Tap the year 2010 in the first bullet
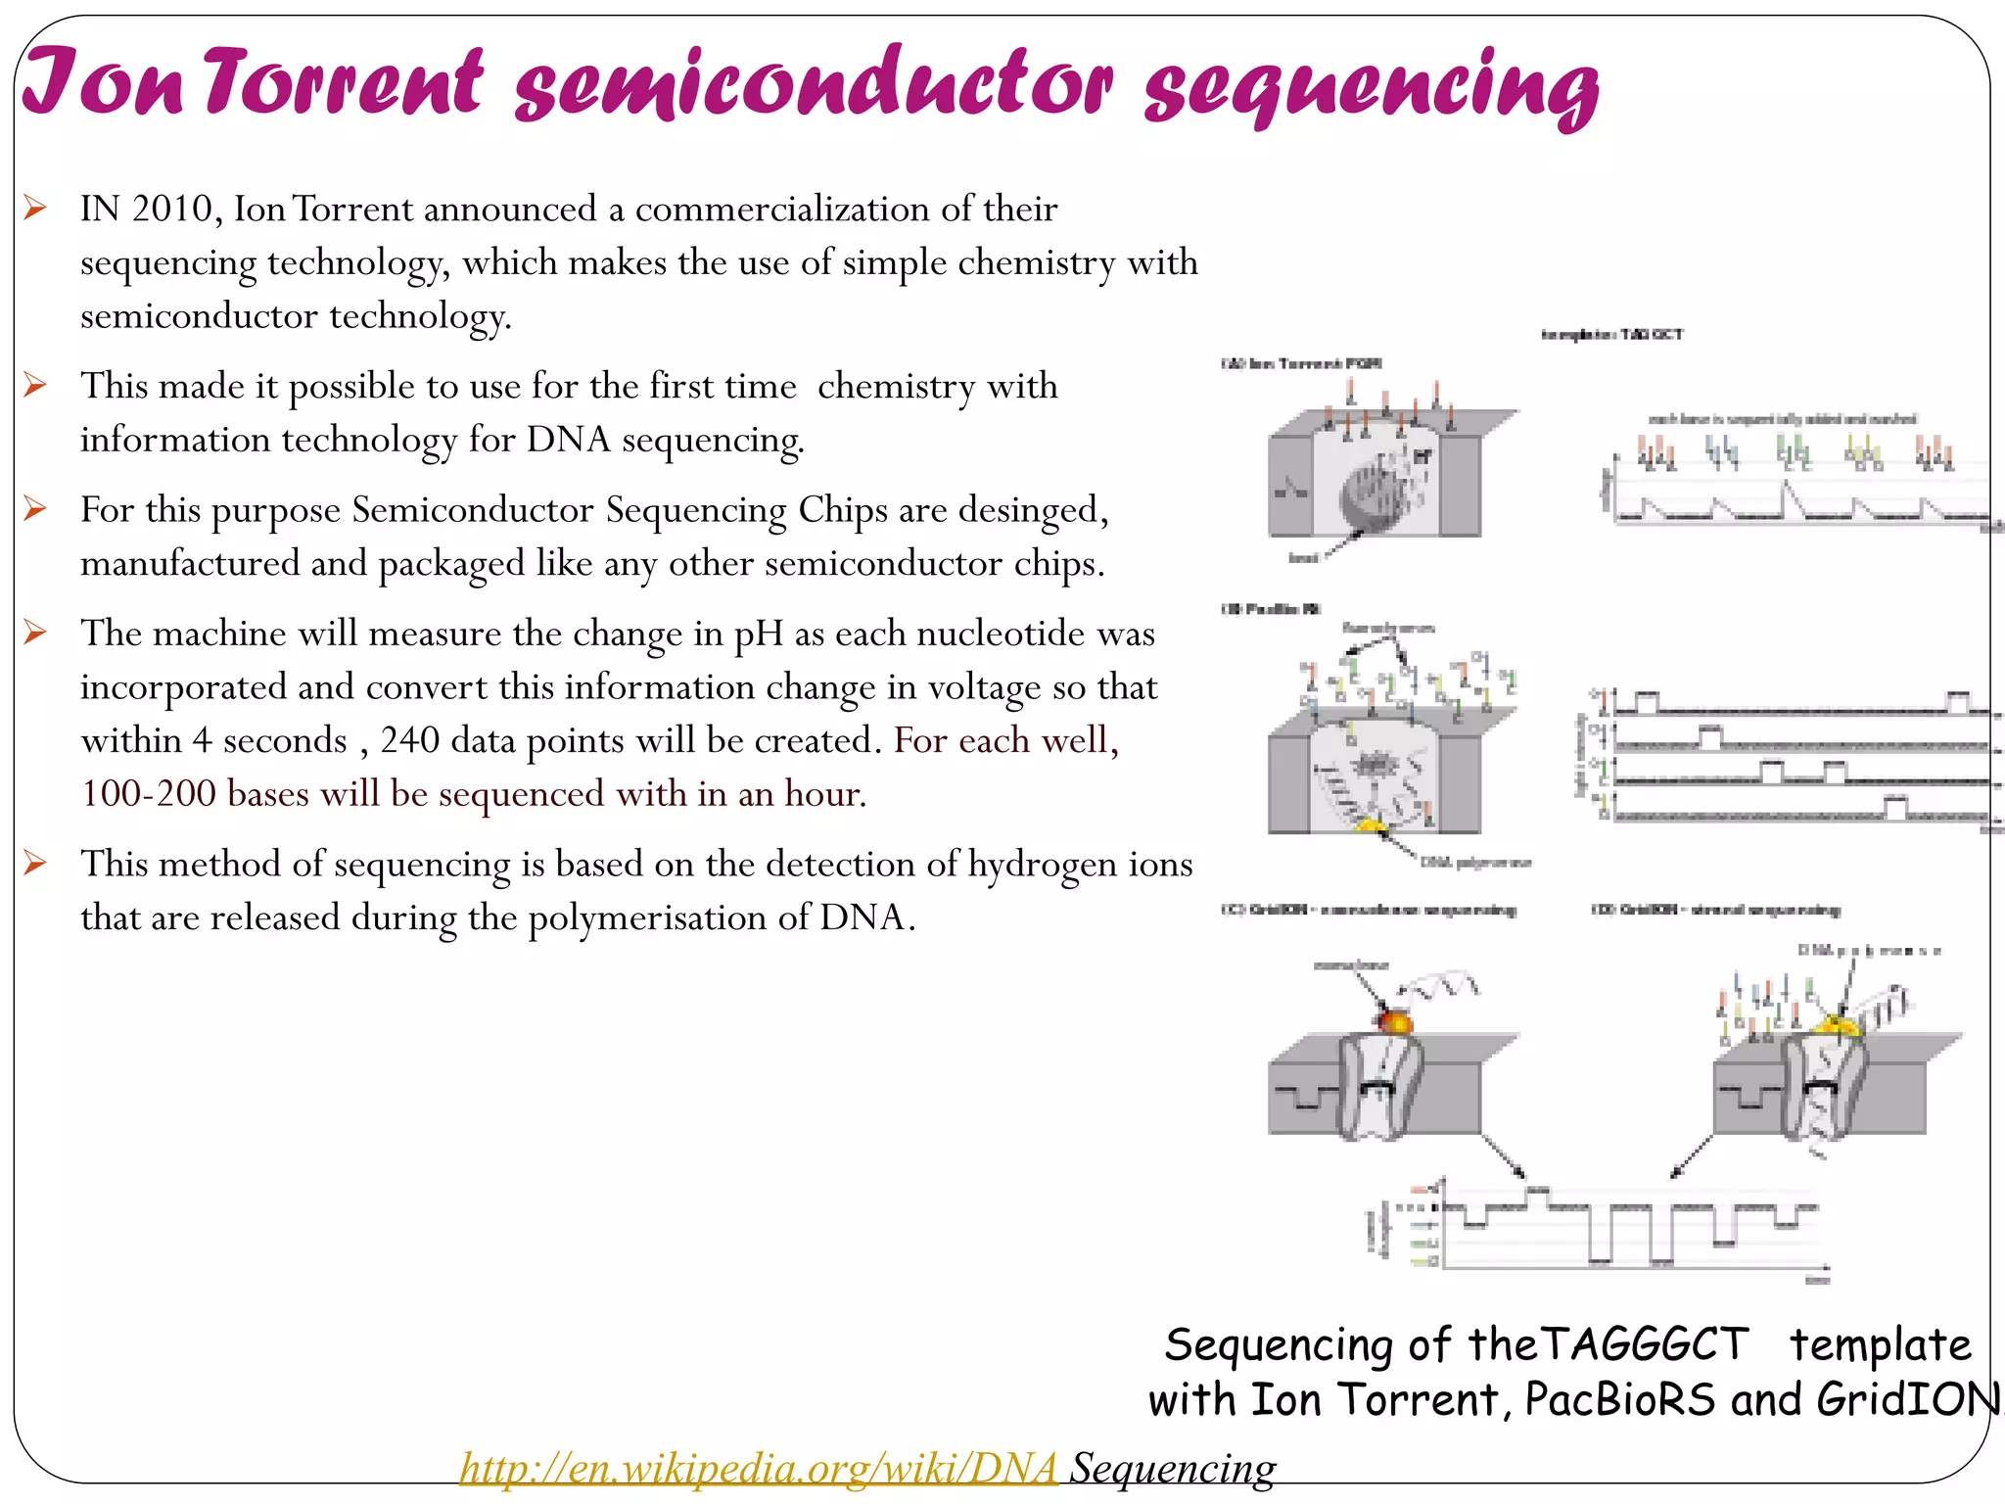click(x=171, y=210)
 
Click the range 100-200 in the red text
click(x=148, y=794)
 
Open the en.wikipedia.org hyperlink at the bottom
click(x=758, y=1468)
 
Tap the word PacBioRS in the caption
click(x=1619, y=1399)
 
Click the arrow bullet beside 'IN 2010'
click(x=35, y=208)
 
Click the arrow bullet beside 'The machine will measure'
click(x=35, y=633)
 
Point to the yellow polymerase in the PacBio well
click(x=1371, y=827)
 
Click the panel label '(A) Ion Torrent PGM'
click(x=1301, y=364)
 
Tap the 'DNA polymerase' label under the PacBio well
click(x=1475, y=863)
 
